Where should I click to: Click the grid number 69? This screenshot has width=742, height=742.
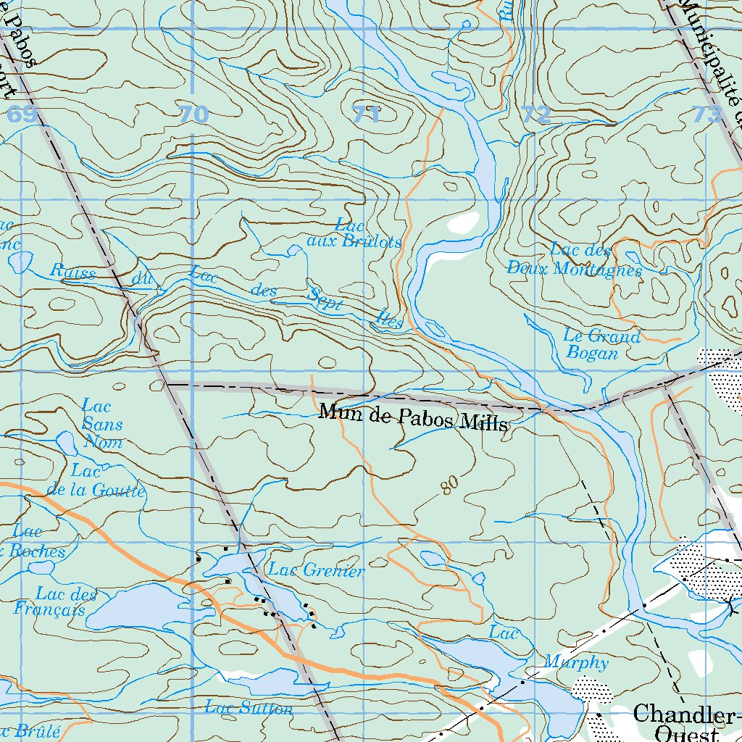(22, 114)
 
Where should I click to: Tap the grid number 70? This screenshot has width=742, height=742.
(193, 114)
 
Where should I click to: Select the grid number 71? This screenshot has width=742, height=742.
(367, 114)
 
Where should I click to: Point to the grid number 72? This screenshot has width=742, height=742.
(536, 114)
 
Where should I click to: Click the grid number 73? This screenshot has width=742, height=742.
(708, 114)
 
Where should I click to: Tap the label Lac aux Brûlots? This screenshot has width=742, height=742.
(354, 234)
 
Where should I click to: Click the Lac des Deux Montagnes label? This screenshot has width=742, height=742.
(574, 260)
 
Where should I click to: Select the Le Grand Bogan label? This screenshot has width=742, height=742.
(601, 345)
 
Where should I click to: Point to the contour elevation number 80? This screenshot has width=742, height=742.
(449, 488)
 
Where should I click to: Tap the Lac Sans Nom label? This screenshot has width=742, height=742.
(101, 424)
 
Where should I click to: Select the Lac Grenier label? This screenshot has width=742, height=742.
(316, 571)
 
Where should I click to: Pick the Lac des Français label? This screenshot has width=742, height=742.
(56, 602)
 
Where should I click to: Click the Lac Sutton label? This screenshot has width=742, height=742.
(249, 707)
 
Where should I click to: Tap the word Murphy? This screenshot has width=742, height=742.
(576, 662)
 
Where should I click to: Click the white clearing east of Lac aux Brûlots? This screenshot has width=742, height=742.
(462, 222)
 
